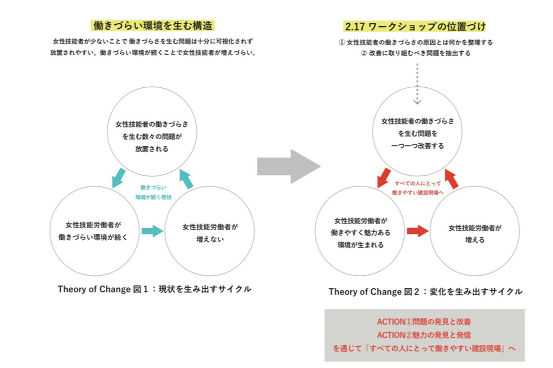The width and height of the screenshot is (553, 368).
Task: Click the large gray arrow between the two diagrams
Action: [289, 166]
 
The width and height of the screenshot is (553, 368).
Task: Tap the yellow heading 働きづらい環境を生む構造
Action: [153, 26]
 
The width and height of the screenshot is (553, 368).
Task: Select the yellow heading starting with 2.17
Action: [414, 26]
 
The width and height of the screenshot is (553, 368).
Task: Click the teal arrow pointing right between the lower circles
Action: [153, 231]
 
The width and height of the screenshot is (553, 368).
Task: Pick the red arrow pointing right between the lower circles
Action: [418, 231]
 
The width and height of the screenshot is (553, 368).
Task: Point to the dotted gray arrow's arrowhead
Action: [417, 102]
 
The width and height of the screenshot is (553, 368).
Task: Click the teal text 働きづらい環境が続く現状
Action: [153, 192]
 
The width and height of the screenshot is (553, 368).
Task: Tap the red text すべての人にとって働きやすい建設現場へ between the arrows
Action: [418, 188]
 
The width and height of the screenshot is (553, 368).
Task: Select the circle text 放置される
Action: [152, 149]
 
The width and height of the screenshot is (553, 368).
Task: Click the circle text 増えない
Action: [210, 239]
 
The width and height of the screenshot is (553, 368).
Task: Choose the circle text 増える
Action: [475, 240]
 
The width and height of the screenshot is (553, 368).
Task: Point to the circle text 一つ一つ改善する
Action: [418, 146]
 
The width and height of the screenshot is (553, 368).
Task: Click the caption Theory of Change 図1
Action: [103, 289]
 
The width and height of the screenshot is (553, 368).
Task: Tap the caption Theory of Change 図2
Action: [374, 292]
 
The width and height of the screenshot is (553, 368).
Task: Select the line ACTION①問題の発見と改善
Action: [424, 321]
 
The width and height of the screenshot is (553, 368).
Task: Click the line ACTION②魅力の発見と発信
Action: [424, 335]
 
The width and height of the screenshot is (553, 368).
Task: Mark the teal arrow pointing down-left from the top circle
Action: [118, 178]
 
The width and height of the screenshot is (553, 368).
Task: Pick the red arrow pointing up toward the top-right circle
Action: [452, 179]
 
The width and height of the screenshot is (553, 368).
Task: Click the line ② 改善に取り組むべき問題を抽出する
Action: [416, 53]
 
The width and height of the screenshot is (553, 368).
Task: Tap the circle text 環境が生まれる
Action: [360, 245]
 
